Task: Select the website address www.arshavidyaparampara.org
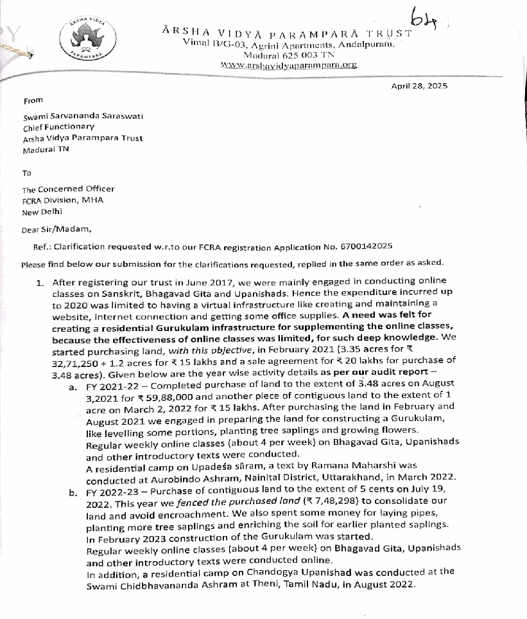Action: pos(289,65)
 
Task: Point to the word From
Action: pos(33,100)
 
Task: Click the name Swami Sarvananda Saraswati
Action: pos(74,118)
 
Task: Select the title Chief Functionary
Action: pos(58,128)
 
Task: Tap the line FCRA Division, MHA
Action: pos(63,200)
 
